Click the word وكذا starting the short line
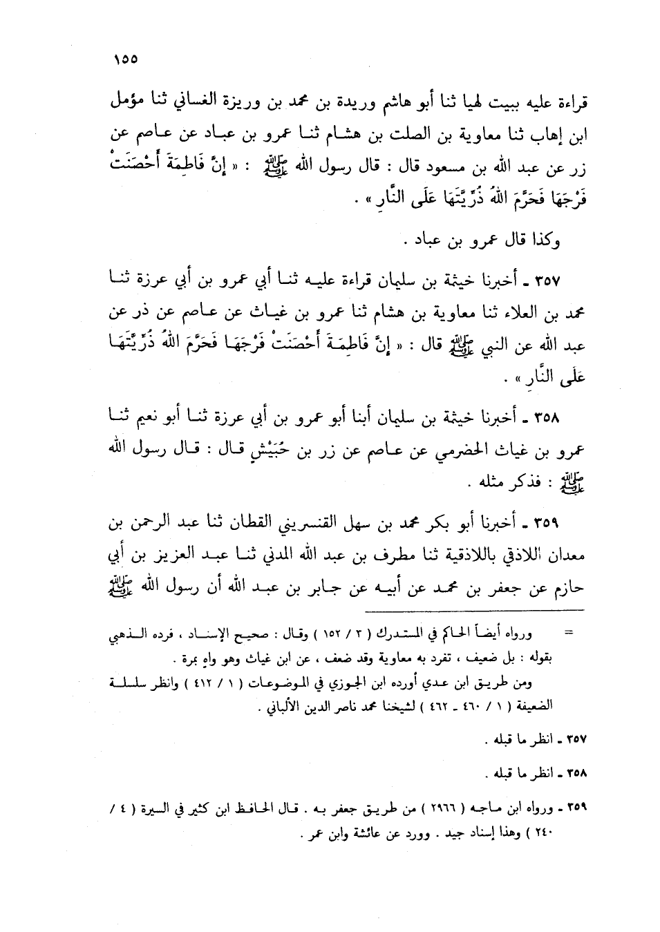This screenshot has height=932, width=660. tap(545, 242)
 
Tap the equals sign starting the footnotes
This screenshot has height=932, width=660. tap(569, 632)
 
